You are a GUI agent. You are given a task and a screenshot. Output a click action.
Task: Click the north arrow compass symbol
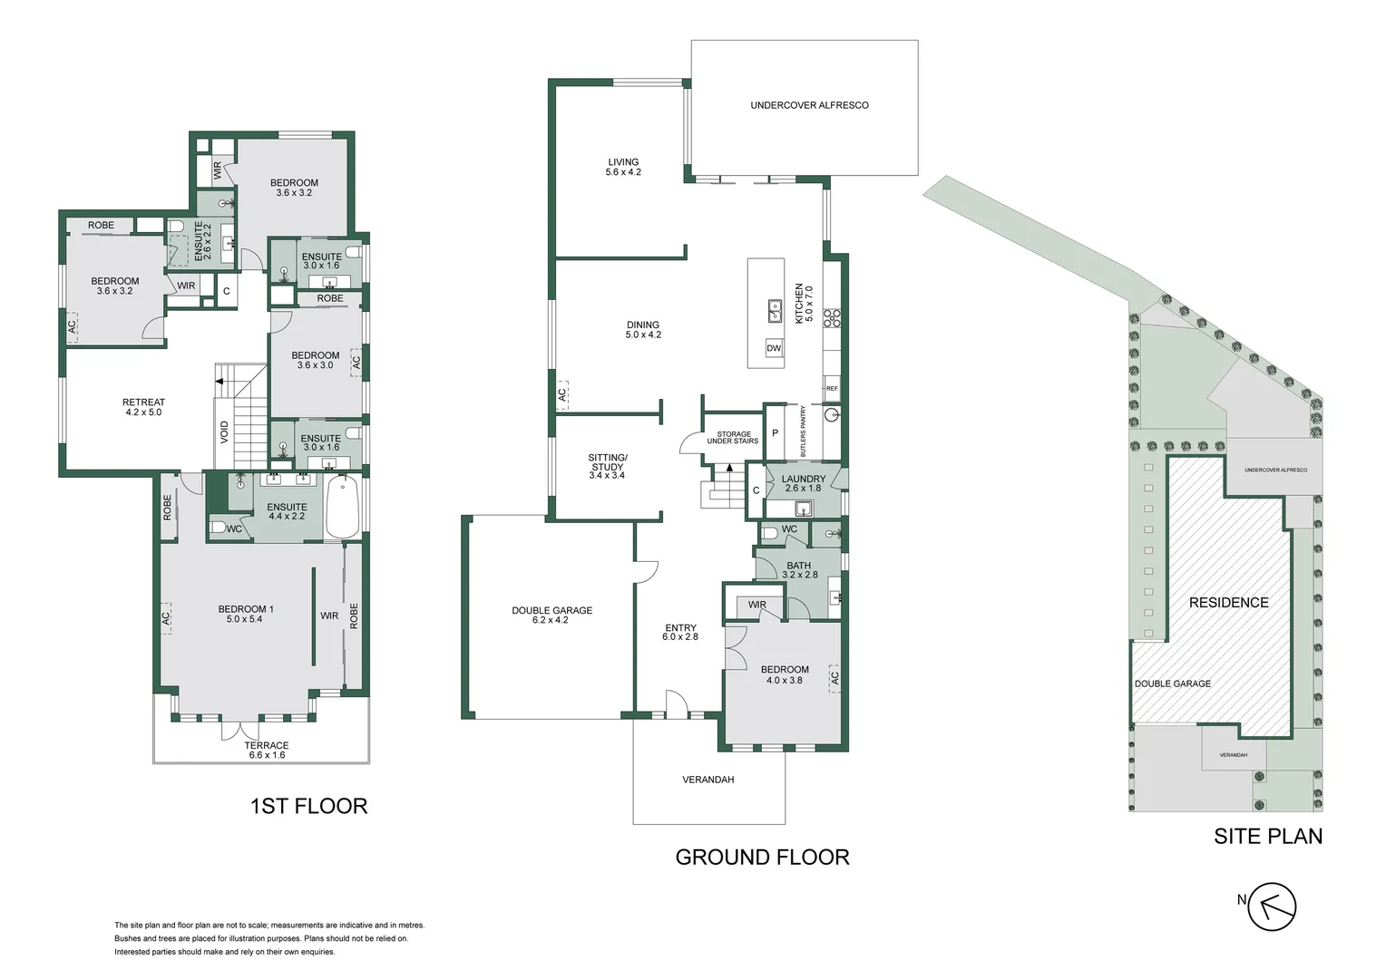(x=1272, y=906)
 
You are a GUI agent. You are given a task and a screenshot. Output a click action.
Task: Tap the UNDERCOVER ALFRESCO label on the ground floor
(x=809, y=105)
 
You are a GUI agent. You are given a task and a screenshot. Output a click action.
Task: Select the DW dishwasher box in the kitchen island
(x=774, y=348)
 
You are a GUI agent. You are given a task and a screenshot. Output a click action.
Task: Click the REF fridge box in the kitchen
(x=832, y=388)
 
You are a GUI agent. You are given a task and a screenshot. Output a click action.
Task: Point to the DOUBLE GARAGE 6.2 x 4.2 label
(x=551, y=616)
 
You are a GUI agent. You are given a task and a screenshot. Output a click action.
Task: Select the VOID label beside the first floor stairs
(x=224, y=431)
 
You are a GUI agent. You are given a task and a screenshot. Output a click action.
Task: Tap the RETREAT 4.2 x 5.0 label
(x=143, y=407)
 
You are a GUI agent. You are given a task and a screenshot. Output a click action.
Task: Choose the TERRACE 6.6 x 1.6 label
(x=267, y=750)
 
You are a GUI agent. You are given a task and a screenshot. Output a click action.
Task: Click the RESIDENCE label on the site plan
(x=1228, y=603)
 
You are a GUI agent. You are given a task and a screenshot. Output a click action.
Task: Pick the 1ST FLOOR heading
(x=308, y=806)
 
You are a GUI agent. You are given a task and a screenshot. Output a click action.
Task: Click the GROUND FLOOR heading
(x=762, y=857)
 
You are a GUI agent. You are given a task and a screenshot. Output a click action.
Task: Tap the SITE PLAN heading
(x=1267, y=836)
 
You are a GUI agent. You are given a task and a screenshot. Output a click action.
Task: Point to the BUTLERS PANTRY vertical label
(x=803, y=431)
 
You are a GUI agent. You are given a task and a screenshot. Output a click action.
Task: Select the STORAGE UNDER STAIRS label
(x=733, y=438)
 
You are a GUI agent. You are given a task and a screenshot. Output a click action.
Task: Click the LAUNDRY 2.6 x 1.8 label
(x=803, y=483)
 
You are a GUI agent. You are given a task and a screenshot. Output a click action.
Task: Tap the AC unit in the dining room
(x=562, y=394)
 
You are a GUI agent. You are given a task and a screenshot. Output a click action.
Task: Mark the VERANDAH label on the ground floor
(x=708, y=780)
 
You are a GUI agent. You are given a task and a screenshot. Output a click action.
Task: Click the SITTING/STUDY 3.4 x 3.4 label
(x=607, y=466)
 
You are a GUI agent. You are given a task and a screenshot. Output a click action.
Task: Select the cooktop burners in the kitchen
(x=832, y=317)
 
